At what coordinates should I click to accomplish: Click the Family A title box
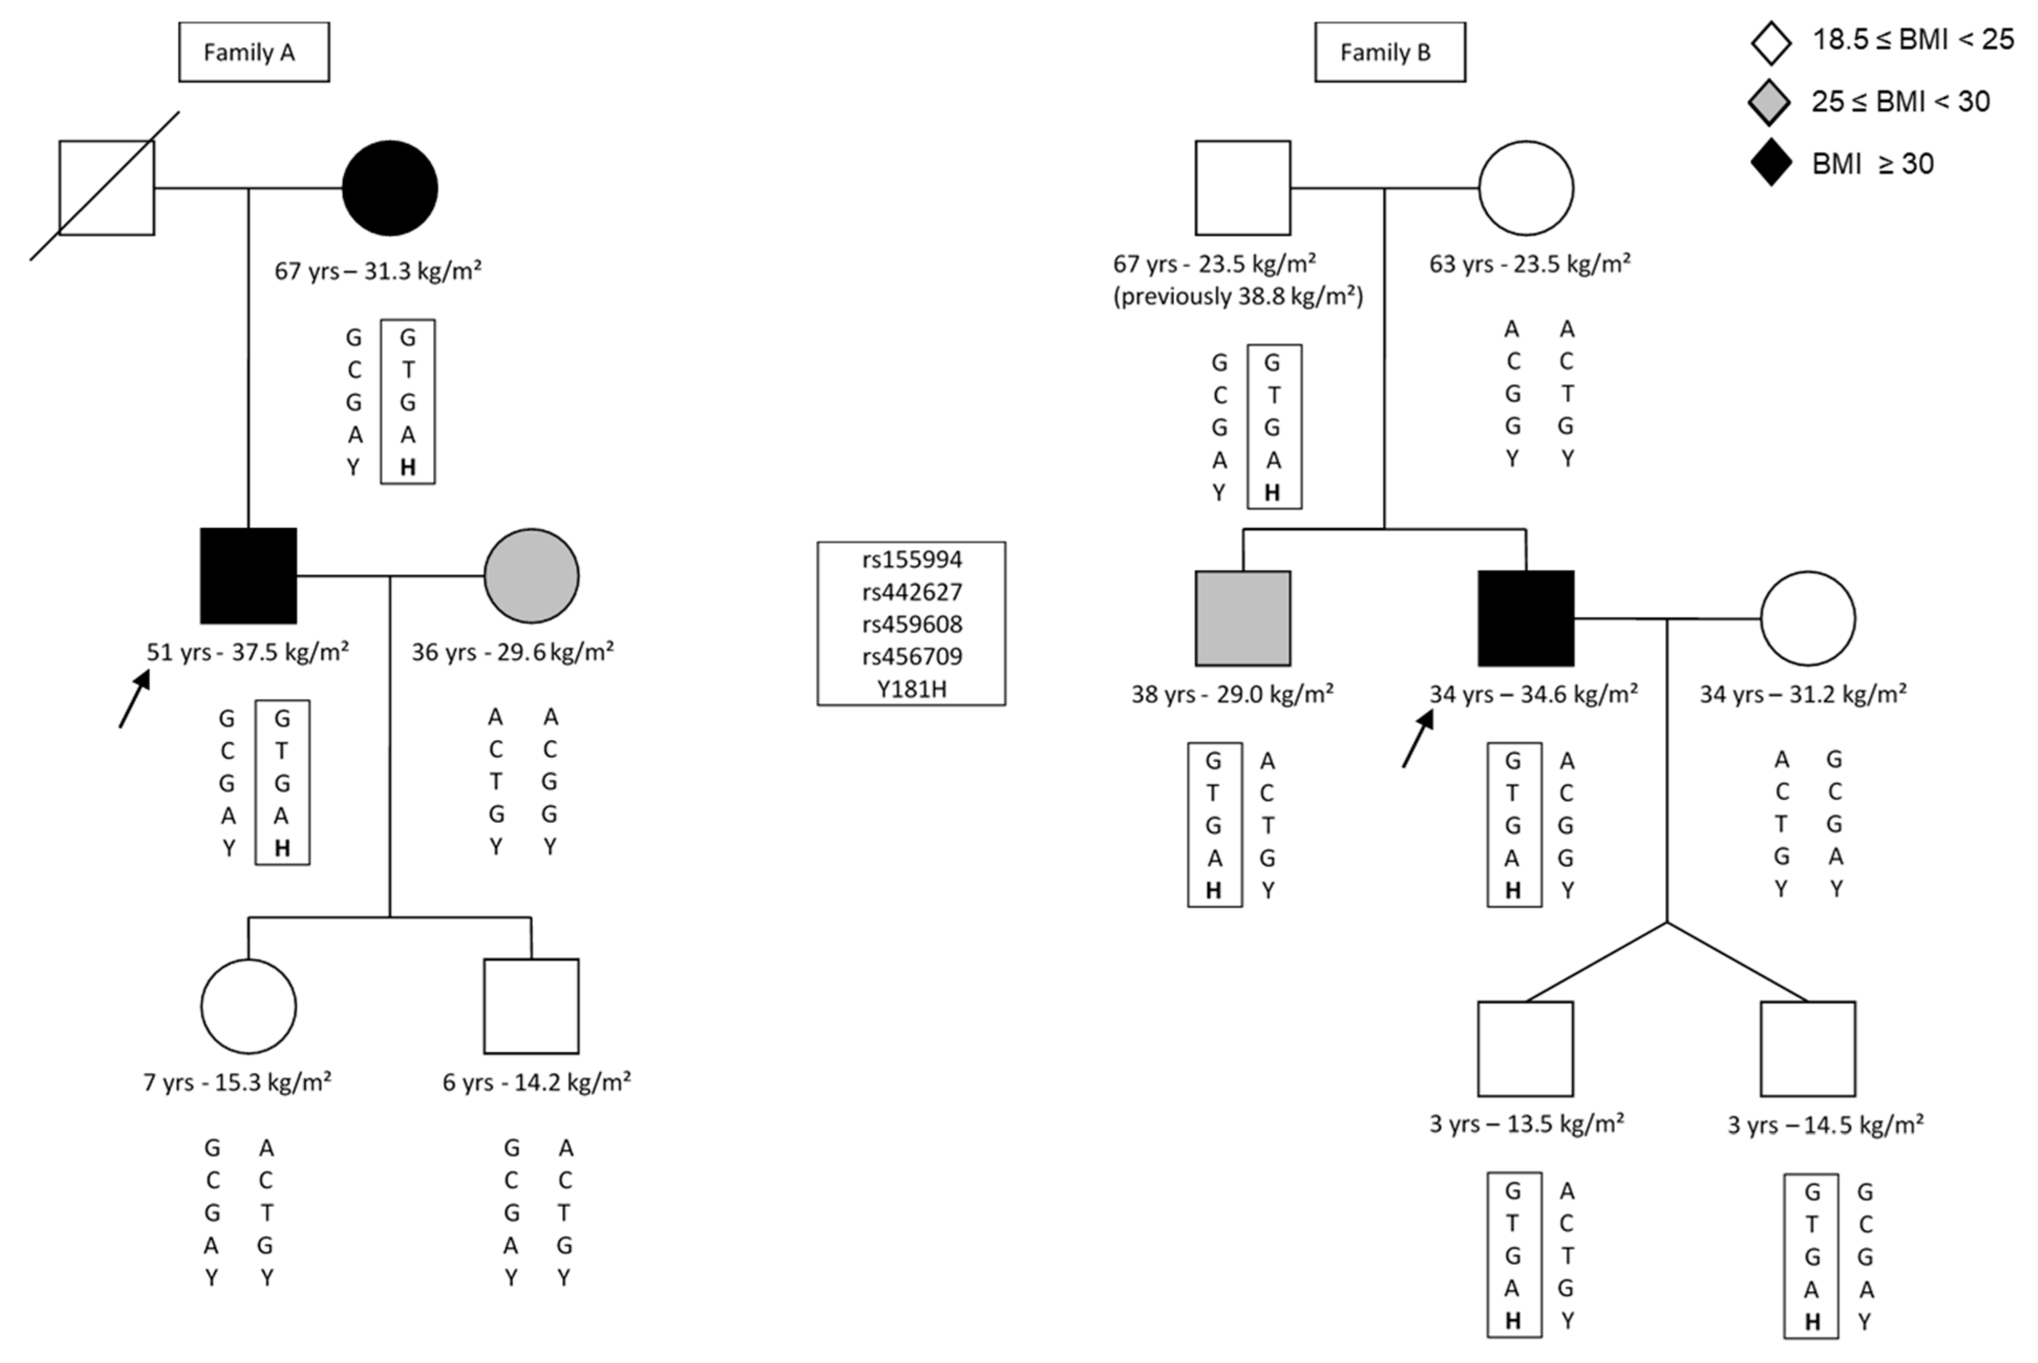pos(254,52)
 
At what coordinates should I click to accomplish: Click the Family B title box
pos(1389,52)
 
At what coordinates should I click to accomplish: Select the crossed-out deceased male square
pos(106,188)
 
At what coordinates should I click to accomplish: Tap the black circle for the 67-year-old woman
pos(389,188)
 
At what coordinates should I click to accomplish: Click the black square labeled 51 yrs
pos(249,575)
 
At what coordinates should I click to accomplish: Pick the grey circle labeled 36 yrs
pos(531,575)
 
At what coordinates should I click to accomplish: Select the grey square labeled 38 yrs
pos(1242,618)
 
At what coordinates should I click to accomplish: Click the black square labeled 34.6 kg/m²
pos(1525,618)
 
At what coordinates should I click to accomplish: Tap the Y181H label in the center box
pos(911,689)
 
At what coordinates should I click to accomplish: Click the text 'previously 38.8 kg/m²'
pos(1238,297)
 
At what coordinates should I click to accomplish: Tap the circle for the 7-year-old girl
pos(249,1006)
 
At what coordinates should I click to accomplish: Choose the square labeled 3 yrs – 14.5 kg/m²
pos(1808,1048)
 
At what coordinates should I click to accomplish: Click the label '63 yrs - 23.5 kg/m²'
pos(1530,263)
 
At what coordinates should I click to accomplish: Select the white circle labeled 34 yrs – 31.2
pos(1808,618)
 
